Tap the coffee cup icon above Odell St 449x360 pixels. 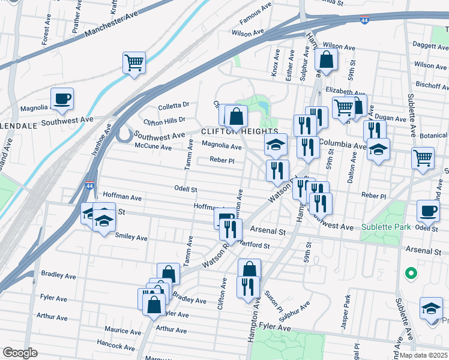428,211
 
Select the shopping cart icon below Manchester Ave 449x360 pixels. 134,62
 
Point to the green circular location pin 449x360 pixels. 411,274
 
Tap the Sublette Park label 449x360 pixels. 386,227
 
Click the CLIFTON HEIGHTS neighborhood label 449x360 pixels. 239,131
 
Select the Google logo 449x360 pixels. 20,353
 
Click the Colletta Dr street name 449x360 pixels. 173,107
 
